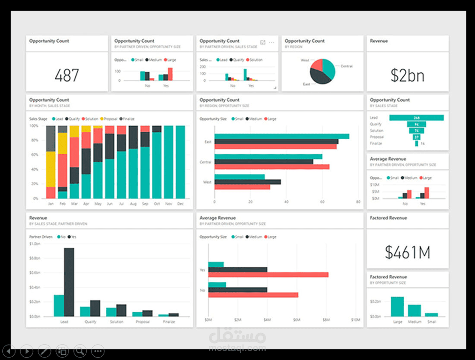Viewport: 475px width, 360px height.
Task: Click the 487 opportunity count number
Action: point(67,75)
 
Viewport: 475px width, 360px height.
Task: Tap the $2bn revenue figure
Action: point(408,75)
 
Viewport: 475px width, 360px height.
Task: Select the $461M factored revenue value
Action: point(408,252)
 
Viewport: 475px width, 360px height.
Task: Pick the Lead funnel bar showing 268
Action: point(416,118)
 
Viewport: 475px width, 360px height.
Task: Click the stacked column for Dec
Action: point(180,162)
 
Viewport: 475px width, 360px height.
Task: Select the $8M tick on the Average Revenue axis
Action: point(327,320)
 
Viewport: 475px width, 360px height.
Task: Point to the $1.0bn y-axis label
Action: point(35,244)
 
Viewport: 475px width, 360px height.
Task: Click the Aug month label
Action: point(133,204)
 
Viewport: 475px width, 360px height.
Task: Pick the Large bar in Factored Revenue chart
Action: point(397,306)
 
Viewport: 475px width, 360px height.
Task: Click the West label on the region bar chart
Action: point(207,182)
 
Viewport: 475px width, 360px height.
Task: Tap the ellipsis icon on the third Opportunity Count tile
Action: point(271,42)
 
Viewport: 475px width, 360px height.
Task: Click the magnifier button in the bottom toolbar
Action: point(80,351)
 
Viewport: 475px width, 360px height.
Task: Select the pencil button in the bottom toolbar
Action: point(44,351)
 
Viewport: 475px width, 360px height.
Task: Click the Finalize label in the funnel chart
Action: point(376,143)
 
